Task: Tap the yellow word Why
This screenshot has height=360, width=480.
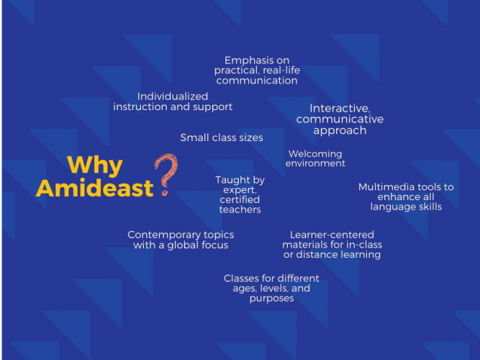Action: point(95,166)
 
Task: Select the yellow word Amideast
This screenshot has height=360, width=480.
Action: point(94,188)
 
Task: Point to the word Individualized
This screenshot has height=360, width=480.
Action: point(173,96)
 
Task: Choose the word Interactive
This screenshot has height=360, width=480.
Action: point(340,109)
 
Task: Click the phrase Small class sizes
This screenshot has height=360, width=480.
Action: point(222,138)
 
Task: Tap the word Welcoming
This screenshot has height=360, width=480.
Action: point(315,153)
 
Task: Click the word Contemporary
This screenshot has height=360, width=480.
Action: point(164,235)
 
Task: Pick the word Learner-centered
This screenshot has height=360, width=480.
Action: point(332,235)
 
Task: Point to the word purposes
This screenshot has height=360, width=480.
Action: point(272,298)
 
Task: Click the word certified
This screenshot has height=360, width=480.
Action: point(240,199)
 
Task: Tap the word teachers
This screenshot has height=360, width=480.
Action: point(240,210)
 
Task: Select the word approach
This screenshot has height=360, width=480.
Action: point(340,131)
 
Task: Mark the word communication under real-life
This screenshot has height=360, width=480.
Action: point(257,81)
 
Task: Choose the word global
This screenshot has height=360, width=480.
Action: point(184,246)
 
